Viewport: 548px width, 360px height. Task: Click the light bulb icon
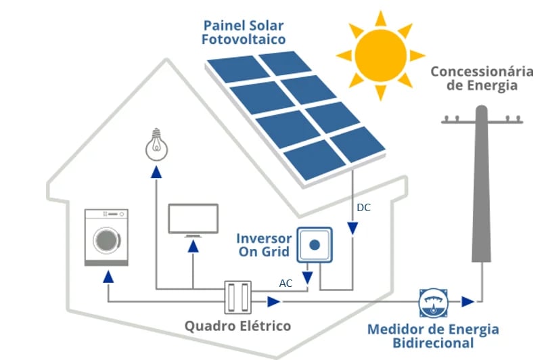pyautogui.click(x=157, y=142)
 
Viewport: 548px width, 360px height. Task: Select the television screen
pyautogui.click(x=193, y=218)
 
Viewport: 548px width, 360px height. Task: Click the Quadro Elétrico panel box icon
pyautogui.click(x=237, y=297)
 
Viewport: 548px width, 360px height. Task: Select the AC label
pyautogui.click(x=286, y=284)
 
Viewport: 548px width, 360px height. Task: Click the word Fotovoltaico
pyautogui.click(x=244, y=40)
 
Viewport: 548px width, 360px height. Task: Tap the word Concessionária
pyautogui.click(x=478, y=72)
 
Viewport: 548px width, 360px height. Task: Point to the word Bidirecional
pyautogui.click(x=433, y=343)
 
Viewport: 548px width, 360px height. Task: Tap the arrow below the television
pyautogui.click(x=193, y=246)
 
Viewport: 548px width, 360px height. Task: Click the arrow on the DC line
pyautogui.click(x=352, y=230)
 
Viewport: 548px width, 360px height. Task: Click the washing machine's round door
pyautogui.click(x=106, y=240)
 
